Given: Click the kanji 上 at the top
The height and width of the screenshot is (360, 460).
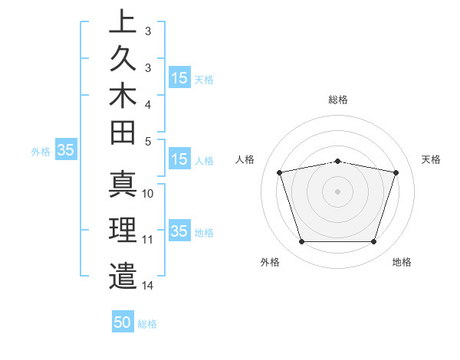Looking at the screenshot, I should point(123,22).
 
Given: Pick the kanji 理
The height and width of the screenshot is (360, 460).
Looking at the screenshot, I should point(123,231).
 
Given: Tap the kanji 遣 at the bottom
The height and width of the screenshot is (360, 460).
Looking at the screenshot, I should point(123,275).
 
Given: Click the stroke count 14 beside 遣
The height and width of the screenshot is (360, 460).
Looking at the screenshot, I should point(148,286).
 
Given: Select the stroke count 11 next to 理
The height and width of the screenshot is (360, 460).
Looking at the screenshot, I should point(148,240).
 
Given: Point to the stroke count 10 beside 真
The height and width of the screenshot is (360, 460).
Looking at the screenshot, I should point(148,194).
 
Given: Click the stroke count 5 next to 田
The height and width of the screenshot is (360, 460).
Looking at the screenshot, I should point(148,141).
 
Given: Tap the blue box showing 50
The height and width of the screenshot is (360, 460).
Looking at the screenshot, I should point(123,323).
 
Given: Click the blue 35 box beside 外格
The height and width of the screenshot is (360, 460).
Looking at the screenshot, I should point(65,151).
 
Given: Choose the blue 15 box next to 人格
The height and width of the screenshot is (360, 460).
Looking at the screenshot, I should point(179,160).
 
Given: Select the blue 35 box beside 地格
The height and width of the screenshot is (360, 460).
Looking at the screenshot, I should point(179,232).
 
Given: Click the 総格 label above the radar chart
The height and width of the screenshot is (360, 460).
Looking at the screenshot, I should point(337,100).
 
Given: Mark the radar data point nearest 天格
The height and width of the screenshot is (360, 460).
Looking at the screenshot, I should point(396,173).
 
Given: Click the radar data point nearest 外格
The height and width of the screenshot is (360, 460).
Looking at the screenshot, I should point(301,242).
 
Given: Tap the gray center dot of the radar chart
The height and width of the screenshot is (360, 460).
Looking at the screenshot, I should point(337,191).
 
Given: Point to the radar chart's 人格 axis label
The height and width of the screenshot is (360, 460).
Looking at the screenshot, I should point(245,159).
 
